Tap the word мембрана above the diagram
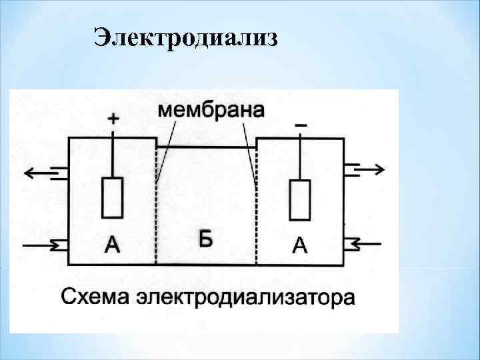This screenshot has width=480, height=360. [x=211, y=110]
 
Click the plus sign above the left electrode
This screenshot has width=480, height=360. [x=113, y=119]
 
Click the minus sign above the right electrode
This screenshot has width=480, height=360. [x=301, y=125]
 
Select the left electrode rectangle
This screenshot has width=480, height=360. [x=112, y=197]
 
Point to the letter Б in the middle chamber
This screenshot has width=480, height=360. [x=206, y=238]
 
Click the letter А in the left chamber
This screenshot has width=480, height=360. [x=113, y=246]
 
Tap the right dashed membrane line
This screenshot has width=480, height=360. [x=257, y=220]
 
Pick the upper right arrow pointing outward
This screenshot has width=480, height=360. [x=369, y=169]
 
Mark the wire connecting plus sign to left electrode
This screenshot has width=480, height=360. [x=113, y=153]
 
